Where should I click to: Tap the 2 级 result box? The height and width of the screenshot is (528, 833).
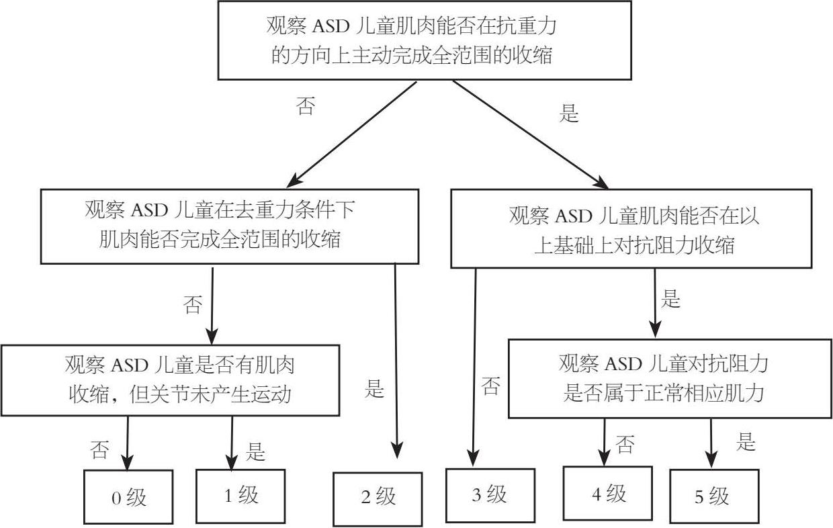click(x=378, y=498)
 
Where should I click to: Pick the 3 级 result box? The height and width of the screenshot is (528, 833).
click(x=490, y=495)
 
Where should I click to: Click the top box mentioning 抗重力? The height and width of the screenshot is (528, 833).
click(x=425, y=40)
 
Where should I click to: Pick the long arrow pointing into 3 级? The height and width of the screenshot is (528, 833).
click(x=474, y=363)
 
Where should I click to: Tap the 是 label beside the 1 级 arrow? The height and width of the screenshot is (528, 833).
click(x=256, y=451)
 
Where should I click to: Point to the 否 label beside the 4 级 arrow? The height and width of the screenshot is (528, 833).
click(x=625, y=445)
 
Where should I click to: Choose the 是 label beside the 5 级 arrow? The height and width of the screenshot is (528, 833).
click(x=746, y=442)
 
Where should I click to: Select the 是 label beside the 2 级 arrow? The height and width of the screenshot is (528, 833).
click(x=374, y=389)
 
